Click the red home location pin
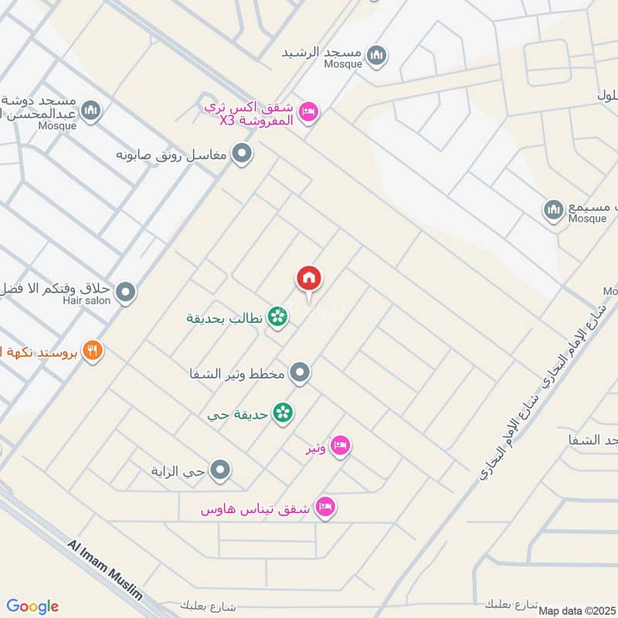click(x=309, y=279)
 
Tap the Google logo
click(x=32, y=606)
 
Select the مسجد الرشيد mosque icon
click(x=377, y=55)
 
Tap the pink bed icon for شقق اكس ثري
click(x=308, y=112)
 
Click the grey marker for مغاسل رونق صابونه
click(x=243, y=154)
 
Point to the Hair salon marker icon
click(x=126, y=293)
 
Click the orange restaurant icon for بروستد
click(x=93, y=351)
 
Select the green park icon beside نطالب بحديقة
click(x=277, y=317)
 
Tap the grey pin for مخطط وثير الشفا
click(x=301, y=374)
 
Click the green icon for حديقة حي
click(x=284, y=413)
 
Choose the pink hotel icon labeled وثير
click(x=340, y=447)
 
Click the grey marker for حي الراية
click(x=221, y=470)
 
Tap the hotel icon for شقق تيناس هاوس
click(x=325, y=508)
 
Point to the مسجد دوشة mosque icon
click(x=91, y=111)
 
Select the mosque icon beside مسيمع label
click(x=554, y=209)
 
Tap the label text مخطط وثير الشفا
click(x=238, y=375)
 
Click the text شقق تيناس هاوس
click(x=255, y=509)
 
